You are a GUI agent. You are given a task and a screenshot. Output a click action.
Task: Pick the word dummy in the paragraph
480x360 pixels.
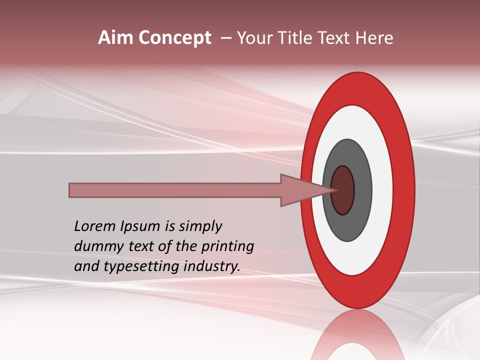(x=95, y=246)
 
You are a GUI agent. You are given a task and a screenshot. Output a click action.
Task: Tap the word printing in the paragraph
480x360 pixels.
(x=227, y=247)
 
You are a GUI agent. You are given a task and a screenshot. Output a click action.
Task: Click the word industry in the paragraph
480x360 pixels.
(x=212, y=266)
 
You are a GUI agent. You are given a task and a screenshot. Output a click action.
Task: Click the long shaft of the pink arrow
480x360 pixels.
(x=175, y=190)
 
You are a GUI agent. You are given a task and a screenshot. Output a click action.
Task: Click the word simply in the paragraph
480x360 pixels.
(x=199, y=227)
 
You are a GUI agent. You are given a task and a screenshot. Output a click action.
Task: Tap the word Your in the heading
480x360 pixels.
(x=253, y=38)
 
